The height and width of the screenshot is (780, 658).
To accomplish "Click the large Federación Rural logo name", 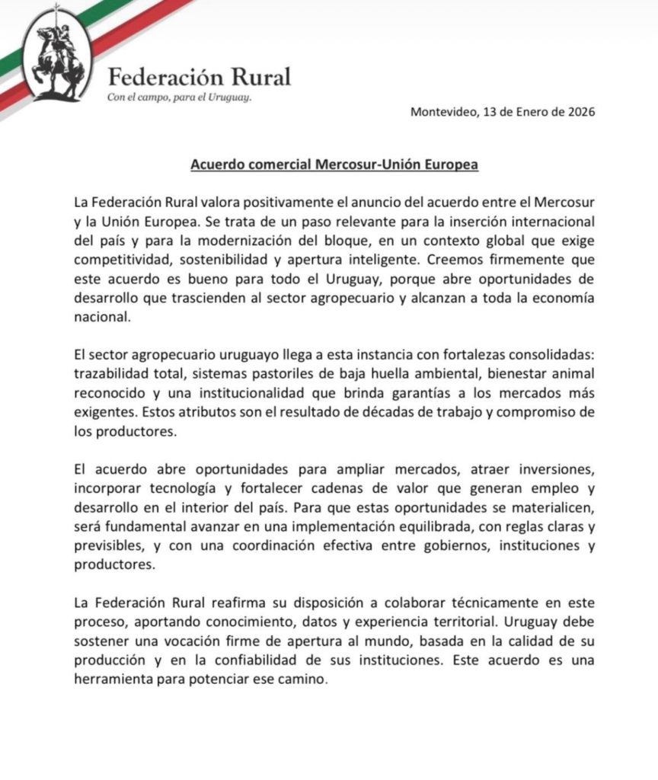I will (200, 78).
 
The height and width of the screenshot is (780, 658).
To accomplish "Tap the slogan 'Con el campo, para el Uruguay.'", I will (179, 98).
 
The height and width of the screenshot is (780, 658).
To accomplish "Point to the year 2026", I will (579, 111).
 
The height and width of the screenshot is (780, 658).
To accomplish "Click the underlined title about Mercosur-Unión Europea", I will (334, 165).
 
